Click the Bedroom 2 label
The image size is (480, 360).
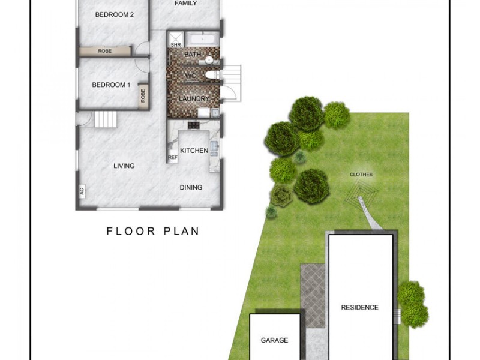coord(114,14)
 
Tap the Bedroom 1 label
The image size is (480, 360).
coord(111,85)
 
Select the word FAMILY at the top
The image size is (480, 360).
coord(186,4)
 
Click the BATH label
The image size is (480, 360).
coord(192,55)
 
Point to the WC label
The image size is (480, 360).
coord(191,76)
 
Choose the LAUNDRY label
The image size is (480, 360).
coord(194,99)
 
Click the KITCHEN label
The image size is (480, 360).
coord(194,151)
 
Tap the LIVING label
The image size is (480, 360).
coord(124,166)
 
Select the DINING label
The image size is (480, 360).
coord(191,187)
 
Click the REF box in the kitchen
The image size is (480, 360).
coord(173,157)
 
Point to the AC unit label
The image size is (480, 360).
coord(81,193)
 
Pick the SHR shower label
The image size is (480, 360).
coord(176,44)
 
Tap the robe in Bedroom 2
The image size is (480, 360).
coord(105,52)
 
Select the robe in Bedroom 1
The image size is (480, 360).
coord(143,96)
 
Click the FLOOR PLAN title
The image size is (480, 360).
coord(152,231)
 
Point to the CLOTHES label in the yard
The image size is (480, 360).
coord(361,175)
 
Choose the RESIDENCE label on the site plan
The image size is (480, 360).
coord(360,308)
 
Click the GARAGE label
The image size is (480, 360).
coord(274,340)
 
